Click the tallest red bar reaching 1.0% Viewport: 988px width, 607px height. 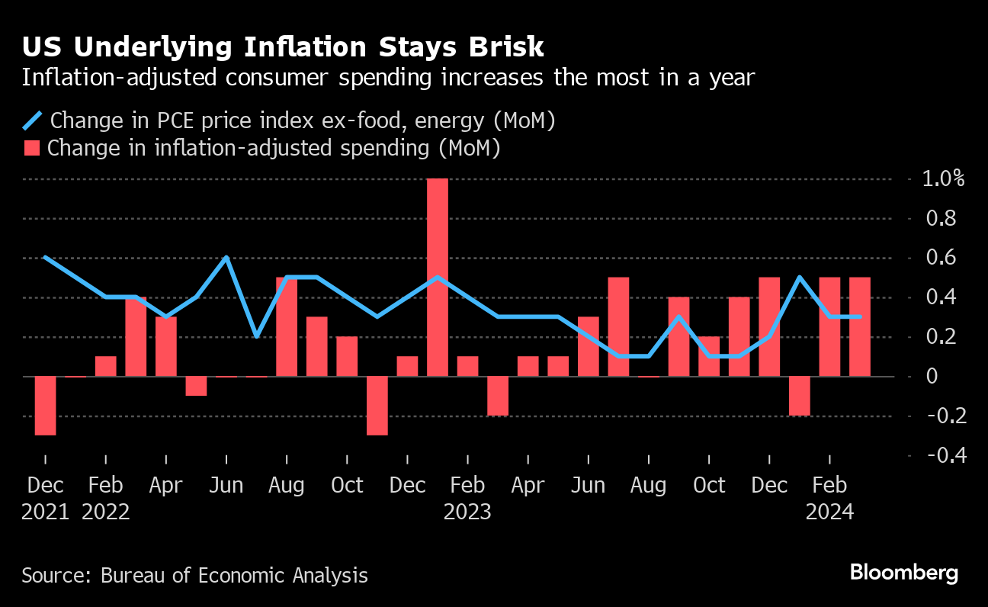click(438, 277)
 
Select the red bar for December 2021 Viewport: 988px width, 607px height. click(45, 406)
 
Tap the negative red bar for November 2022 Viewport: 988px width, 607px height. click(377, 406)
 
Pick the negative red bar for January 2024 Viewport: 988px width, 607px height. click(799, 396)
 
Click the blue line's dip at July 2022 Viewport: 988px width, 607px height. click(256, 336)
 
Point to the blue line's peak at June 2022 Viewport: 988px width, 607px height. click(226, 258)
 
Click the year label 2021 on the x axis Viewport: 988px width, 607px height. click(45, 511)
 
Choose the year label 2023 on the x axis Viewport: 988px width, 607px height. click(467, 511)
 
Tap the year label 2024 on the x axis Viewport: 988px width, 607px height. click(829, 511)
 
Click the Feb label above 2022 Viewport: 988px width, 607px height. click(105, 485)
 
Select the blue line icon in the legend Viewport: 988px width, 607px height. click(33, 120)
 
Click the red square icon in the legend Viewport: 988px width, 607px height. click(31, 147)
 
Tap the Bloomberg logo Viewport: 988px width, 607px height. click(903, 573)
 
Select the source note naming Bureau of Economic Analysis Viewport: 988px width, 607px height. click(194, 575)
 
